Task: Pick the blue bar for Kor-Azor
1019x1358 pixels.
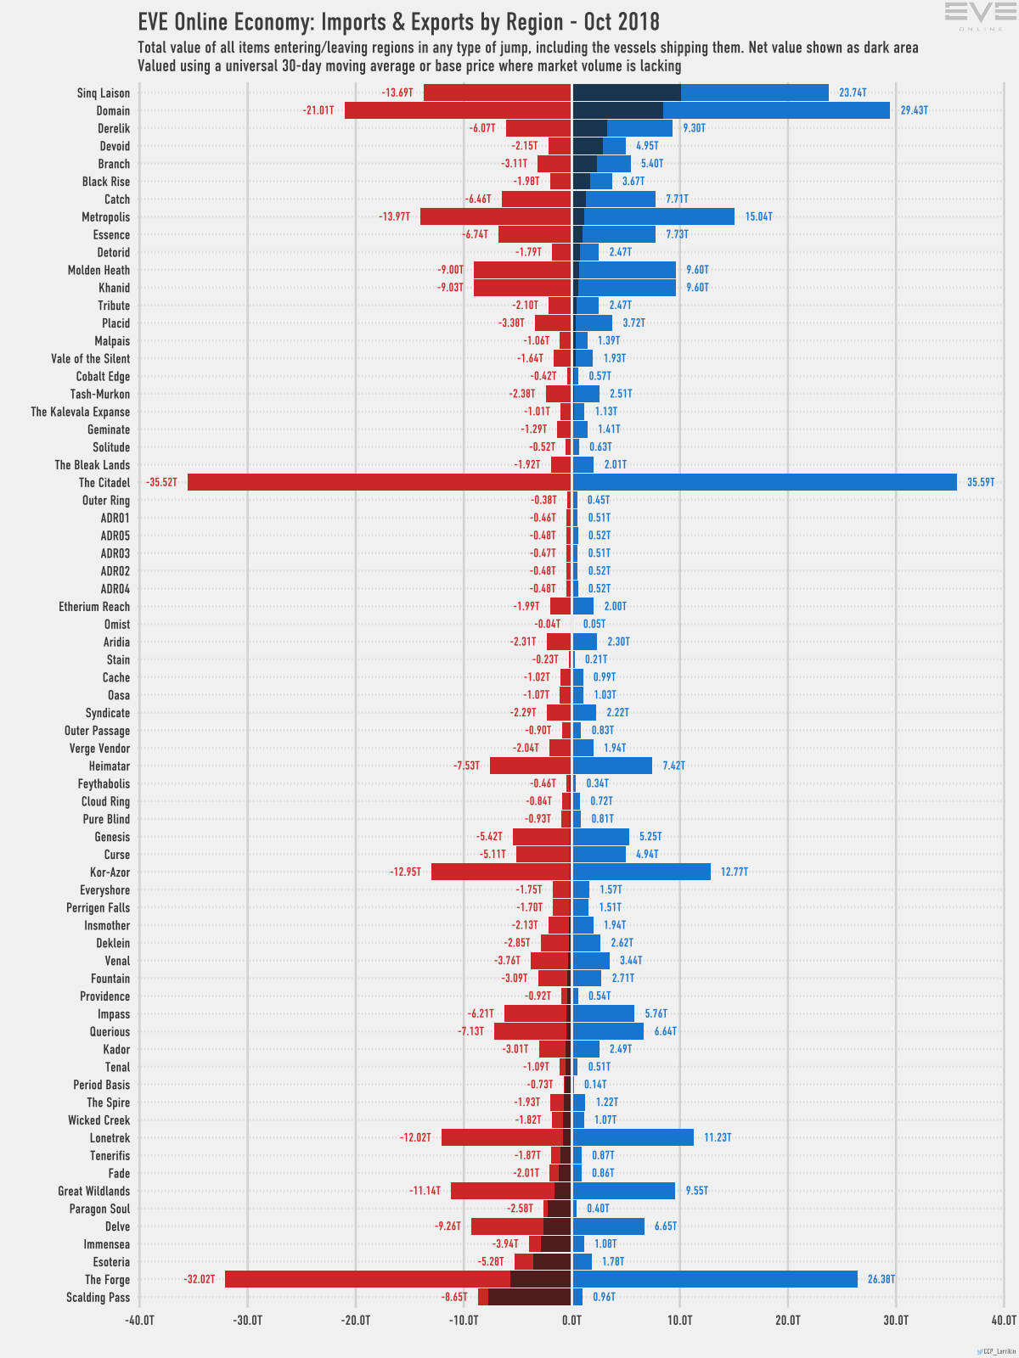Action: (641, 872)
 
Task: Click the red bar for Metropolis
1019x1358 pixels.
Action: (495, 216)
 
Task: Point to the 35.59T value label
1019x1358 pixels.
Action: (981, 482)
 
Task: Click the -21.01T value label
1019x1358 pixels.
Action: (318, 110)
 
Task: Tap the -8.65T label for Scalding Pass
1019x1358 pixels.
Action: (454, 1297)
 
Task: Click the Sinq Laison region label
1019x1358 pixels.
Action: (104, 93)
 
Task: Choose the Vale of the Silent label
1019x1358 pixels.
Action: (91, 358)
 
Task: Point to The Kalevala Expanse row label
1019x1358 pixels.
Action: (81, 412)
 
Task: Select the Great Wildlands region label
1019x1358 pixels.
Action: (94, 1191)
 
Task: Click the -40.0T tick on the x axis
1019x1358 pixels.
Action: (139, 1320)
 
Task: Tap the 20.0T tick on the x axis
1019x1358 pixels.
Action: (787, 1320)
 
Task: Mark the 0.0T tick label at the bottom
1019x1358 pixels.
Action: (571, 1320)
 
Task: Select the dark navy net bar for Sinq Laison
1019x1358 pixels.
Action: (627, 93)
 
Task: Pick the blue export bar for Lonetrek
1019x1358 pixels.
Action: (633, 1137)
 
